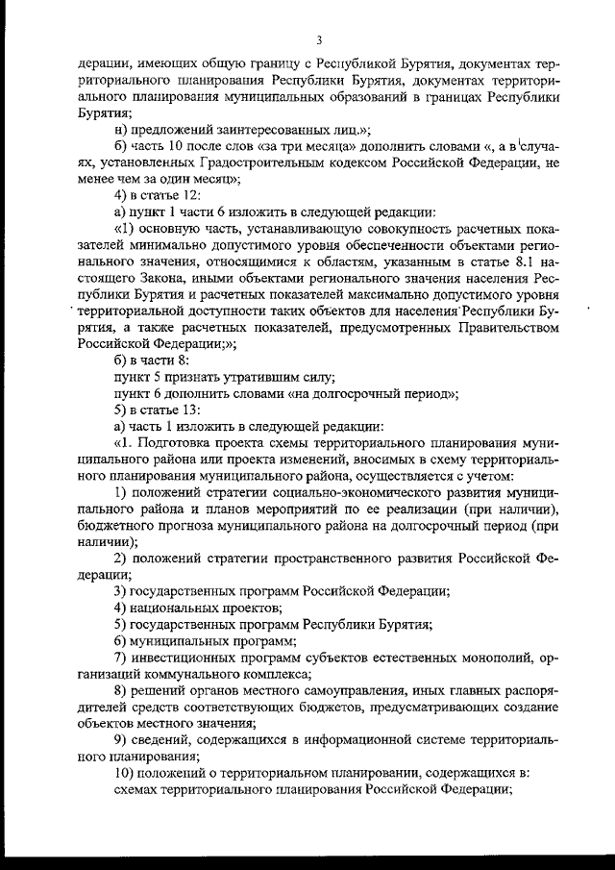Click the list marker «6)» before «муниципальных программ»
[x=120, y=642]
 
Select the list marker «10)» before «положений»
[x=124, y=774]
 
